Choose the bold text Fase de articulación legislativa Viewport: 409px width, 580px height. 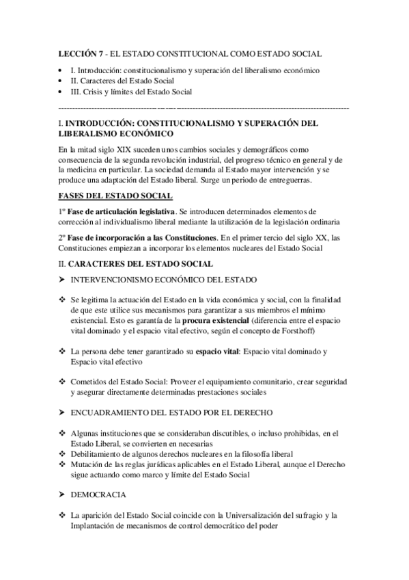(x=121, y=211)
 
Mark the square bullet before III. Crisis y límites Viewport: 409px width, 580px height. (x=63, y=92)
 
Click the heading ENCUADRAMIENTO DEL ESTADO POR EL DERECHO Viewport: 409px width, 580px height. (x=172, y=413)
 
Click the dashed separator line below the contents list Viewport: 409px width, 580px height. (x=204, y=108)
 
